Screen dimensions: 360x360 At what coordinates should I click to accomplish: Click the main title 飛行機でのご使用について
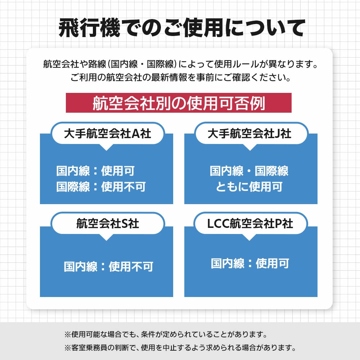182,28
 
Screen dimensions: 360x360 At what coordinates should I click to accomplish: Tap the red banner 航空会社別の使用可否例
179,103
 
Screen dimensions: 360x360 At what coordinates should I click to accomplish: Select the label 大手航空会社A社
107,134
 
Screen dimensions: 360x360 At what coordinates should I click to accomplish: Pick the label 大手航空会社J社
249,134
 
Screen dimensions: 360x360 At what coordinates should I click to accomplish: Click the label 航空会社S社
107,224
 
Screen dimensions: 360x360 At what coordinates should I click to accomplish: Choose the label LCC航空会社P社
250,224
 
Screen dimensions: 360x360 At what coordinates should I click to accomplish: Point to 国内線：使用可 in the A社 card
95,171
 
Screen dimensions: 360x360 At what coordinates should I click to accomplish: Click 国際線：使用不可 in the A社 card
101,186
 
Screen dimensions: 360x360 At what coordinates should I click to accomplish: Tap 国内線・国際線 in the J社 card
249,171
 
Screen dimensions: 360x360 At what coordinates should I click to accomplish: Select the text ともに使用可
249,186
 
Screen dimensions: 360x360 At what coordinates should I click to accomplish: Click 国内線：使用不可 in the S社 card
109,266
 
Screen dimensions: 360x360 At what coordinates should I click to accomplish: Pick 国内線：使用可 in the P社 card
250,263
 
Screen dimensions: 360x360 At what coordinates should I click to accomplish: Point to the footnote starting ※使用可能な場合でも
166,334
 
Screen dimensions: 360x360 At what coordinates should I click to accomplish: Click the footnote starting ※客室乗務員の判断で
180,348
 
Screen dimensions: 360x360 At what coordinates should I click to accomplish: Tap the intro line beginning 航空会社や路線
181,64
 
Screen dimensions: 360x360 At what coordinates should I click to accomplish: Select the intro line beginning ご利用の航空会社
181,77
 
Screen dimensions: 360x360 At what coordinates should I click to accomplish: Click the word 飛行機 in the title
89,28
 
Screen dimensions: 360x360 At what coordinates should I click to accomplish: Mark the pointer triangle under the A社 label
106,147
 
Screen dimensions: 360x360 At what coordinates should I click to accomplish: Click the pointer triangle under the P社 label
249,237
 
